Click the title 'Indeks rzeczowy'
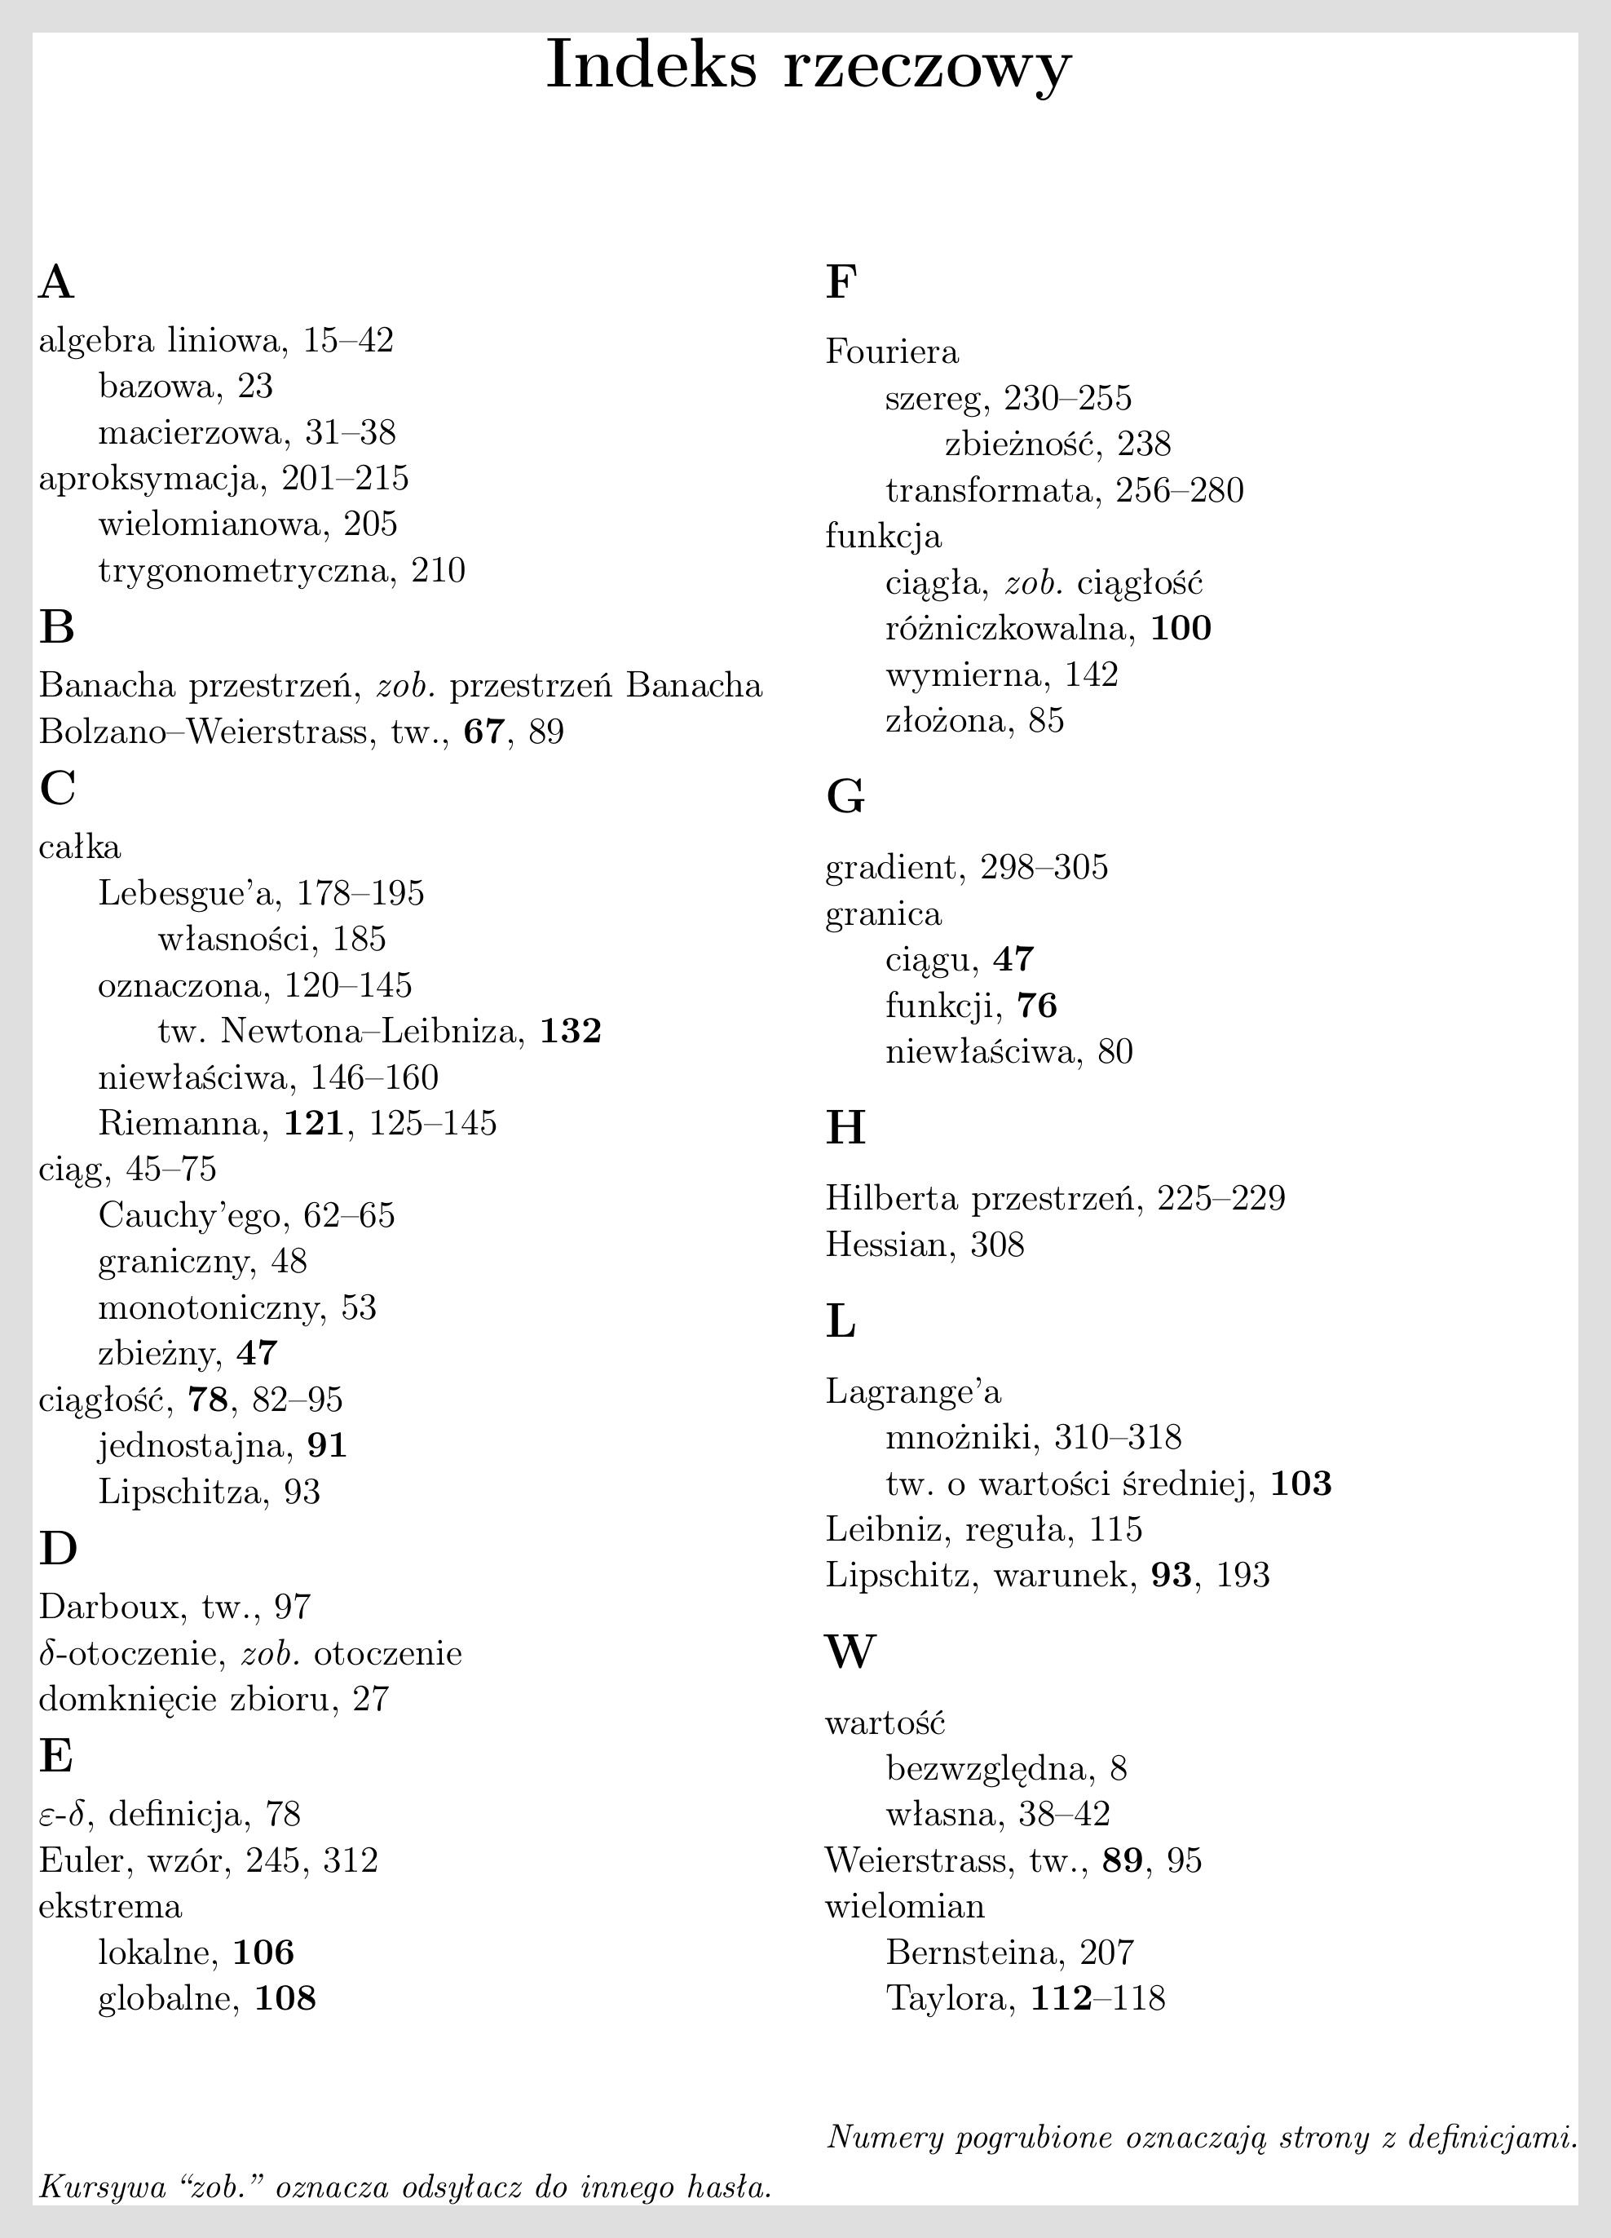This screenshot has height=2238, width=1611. pyautogui.click(x=808, y=66)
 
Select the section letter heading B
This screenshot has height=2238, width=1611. pyautogui.click(x=57, y=627)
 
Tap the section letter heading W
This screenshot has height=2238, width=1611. pyautogui.click(x=850, y=1651)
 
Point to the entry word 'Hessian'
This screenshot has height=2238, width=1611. pyautogui.click(x=885, y=1245)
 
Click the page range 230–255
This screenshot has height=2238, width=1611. pyautogui.click(x=1067, y=399)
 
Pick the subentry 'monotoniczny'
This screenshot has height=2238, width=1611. pyautogui.click(x=210, y=1307)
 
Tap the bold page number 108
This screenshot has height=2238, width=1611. pyautogui.click(x=285, y=1998)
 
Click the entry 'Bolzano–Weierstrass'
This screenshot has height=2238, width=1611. pyautogui.click(x=202, y=732)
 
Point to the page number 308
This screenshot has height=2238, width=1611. pyautogui.click(x=997, y=1245)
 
